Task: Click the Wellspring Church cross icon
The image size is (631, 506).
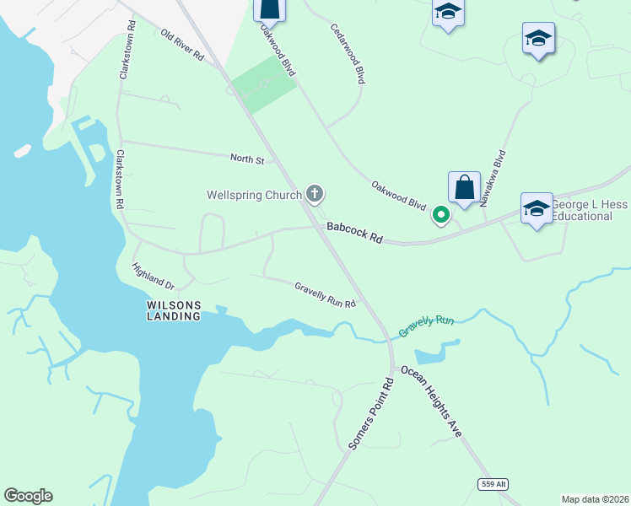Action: click(315, 195)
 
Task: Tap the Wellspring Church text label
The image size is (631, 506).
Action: click(255, 196)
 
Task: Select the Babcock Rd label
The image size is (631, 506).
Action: click(355, 234)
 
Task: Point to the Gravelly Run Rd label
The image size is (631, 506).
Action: click(325, 294)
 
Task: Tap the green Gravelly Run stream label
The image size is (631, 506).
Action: click(427, 326)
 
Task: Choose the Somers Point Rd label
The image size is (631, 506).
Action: click(372, 412)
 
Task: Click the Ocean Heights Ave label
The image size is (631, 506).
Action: click(432, 401)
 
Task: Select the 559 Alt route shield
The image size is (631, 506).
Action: click(493, 483)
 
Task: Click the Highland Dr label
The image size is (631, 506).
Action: click(153, 276)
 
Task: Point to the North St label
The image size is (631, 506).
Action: click(248, 159)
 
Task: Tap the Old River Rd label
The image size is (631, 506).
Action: click(182, 45)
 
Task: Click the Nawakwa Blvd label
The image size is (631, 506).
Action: click(493, 178)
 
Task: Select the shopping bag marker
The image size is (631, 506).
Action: click(464, 187)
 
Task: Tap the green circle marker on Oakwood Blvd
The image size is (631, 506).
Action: click(440, 215)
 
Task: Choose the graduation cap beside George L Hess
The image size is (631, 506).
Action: click(537, 207)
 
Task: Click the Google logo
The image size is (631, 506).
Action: click(28, 496)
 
